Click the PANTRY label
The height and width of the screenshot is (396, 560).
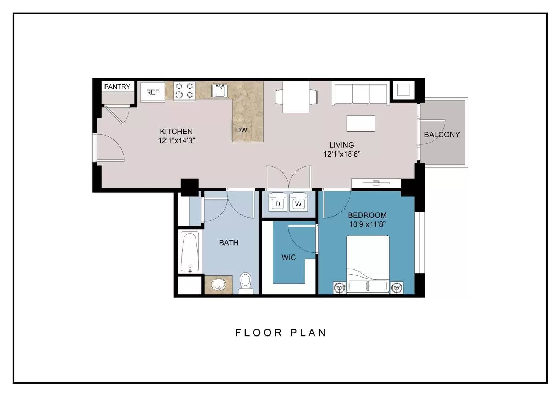pos(117,87)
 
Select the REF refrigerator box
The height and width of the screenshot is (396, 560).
pos(152,92)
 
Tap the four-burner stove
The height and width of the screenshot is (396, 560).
pos(184,91)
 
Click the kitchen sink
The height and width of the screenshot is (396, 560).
pos(220,91)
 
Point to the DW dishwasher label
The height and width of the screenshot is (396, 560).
pos(242,130)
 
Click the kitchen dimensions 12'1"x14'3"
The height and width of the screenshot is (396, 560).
pos(177,140)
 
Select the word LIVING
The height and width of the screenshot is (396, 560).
pos(342,145)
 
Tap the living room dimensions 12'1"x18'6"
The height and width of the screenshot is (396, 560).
pos(342,154)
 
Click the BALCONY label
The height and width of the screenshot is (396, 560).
pos(442,135)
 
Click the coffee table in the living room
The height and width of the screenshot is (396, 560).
pos(361,124)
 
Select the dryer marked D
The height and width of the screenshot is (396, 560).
pos(277,202)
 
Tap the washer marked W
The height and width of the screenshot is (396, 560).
pos(298,202)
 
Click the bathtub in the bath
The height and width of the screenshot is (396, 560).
pos(190,252)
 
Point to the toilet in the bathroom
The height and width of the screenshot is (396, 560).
pos(245,283)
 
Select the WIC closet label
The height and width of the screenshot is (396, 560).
pos(288,257)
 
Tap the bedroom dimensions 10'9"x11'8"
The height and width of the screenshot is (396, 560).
pos(367,224)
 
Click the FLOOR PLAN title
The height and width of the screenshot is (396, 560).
pos(281,333)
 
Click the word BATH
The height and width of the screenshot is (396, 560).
pos(228,243)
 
